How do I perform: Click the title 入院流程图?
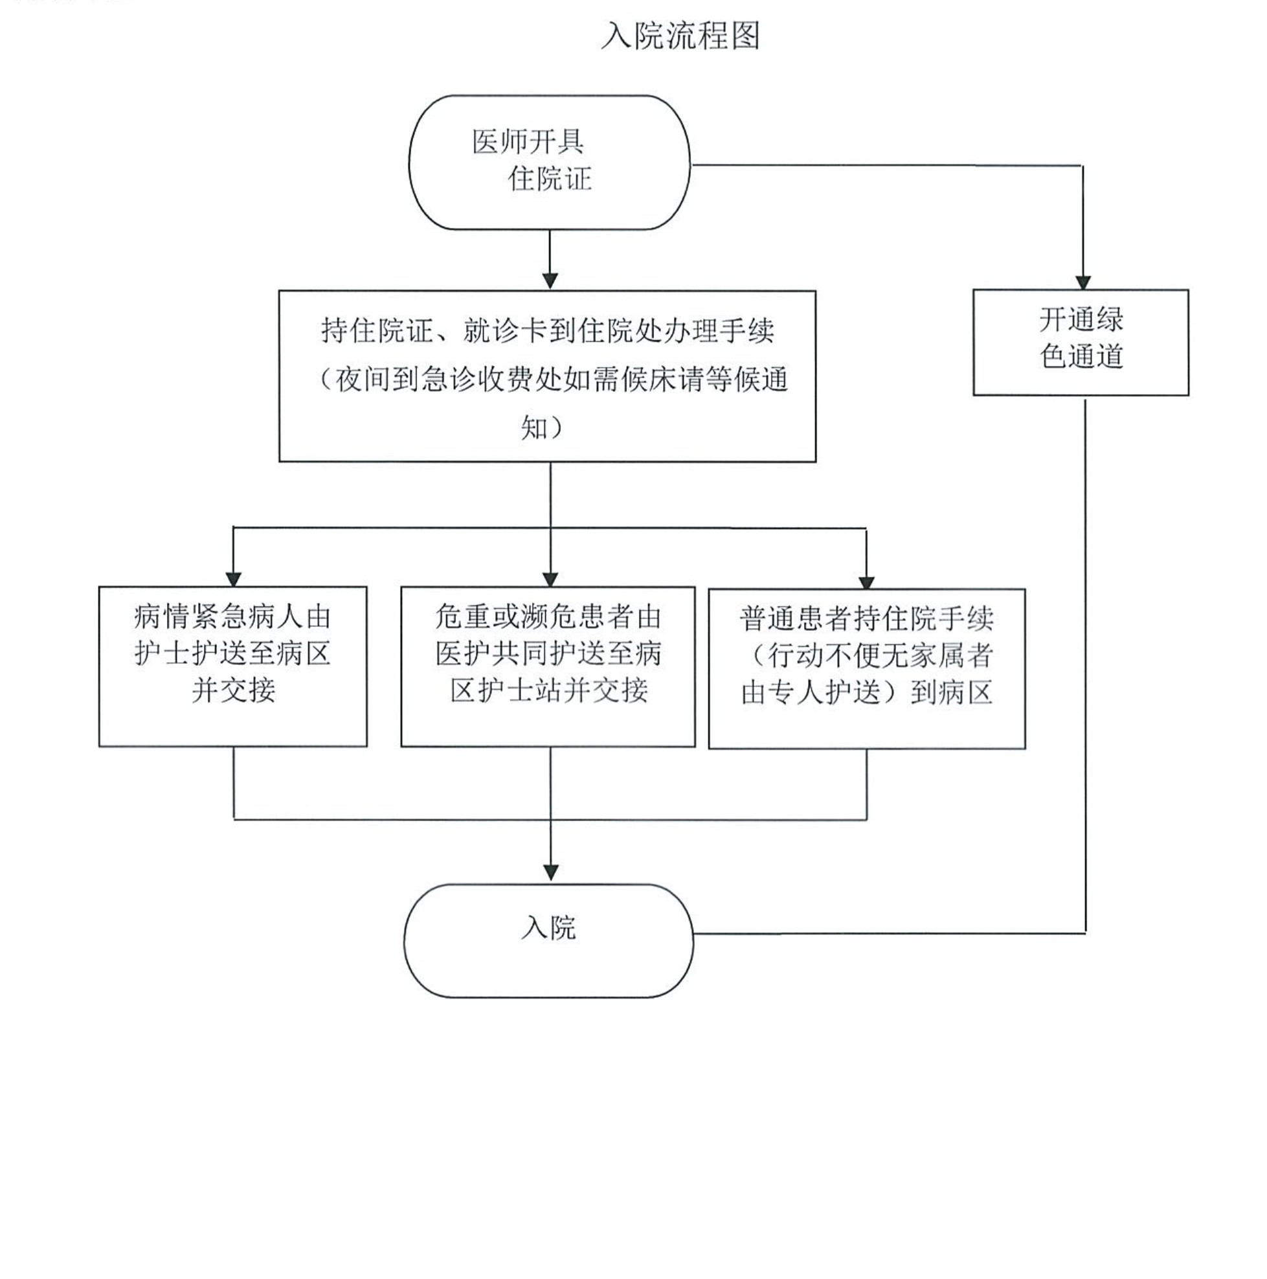(680, 36)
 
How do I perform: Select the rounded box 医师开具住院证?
(549, 163)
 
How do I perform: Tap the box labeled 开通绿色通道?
(1081, 343)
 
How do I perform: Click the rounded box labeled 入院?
(548, 941)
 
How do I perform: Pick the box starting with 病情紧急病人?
(232, 666)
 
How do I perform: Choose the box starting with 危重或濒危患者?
(548, 666)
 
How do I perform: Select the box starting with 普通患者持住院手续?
(866, 668)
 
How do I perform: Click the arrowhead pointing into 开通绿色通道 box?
(1082, 281)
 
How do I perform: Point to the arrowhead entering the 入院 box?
(550, 872)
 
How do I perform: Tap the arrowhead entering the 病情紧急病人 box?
(233, 578)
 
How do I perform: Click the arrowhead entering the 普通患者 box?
(866, 582)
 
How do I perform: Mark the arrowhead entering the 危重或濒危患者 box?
(550, 578)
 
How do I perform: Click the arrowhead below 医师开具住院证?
(550, 280)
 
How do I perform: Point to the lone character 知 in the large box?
(534, 428)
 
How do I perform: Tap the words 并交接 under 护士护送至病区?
(233, 690)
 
